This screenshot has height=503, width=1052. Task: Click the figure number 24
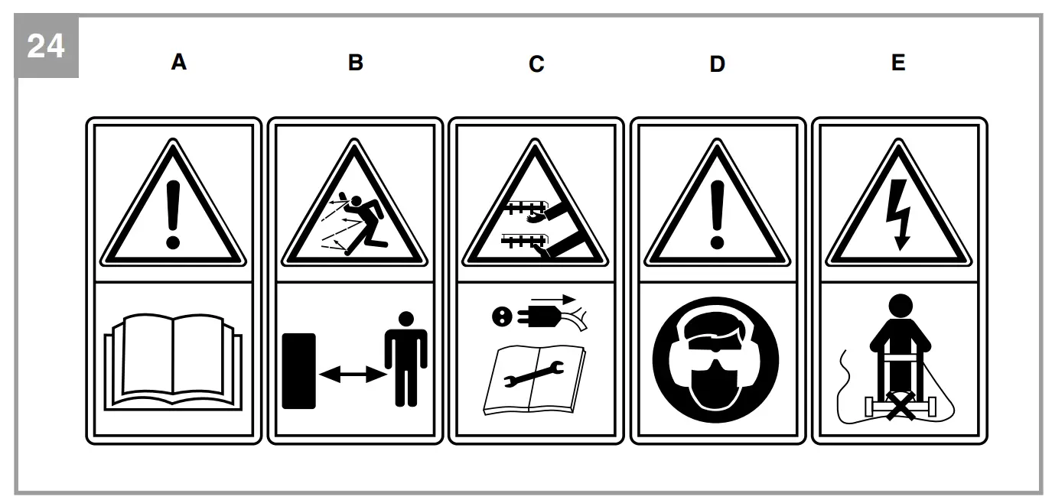point(46,47)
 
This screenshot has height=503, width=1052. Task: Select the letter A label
point(178,63)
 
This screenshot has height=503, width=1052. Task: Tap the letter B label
point(355,63)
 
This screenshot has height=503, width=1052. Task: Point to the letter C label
point(536,64)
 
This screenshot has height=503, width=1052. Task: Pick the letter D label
point(717,64)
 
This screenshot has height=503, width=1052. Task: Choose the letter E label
point(898,63)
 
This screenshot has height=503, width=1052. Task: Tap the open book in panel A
point(173,359)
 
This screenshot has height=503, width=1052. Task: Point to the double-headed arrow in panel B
point(352,374)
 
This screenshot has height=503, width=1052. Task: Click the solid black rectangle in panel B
point(298,370)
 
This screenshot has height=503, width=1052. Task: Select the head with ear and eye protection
point(715,359)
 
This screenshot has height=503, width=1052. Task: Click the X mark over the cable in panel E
point(899,403)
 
